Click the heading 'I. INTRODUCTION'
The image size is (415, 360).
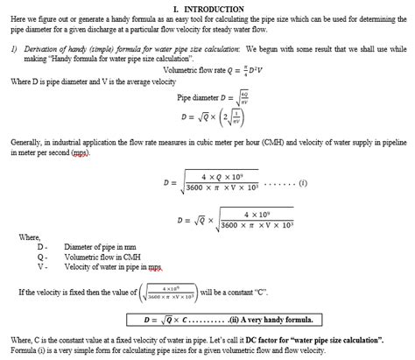pyautogui.click(x=207, y=8)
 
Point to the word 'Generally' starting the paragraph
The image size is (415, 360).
pyautogui.click(x=26, y=139)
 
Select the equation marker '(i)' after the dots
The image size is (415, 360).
pyautogui.click(x=303, y=183)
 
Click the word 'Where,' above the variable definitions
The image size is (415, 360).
pyautogui.click(x=29, y=237)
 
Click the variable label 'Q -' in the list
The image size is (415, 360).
pyautogui.click(x=41, y=258)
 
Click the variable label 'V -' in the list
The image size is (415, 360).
pyautogui.click(x=41, y=267)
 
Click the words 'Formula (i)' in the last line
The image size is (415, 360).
pyautogui.click(x=30, y=349)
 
